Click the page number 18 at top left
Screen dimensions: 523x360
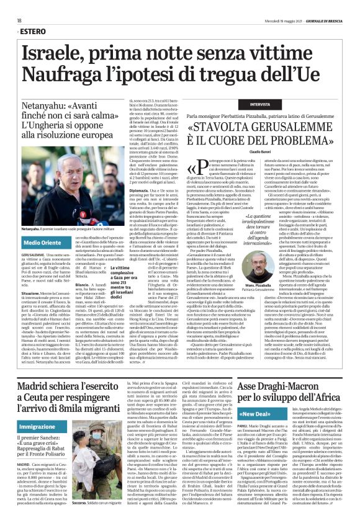click(19, 20)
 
